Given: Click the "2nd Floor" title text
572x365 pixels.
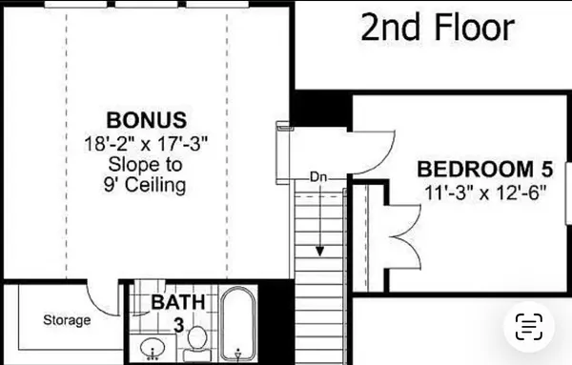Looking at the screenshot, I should point(438,29).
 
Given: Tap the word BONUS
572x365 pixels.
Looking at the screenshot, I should point(146,121).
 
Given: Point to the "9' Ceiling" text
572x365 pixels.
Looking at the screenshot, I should point(146,184).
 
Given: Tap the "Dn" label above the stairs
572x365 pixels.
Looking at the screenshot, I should point(319,177).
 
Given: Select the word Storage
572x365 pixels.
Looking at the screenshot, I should point(67,320).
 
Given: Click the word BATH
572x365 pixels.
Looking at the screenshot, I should point(178,303).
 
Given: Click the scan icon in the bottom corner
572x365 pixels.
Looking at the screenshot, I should point(530,327).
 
